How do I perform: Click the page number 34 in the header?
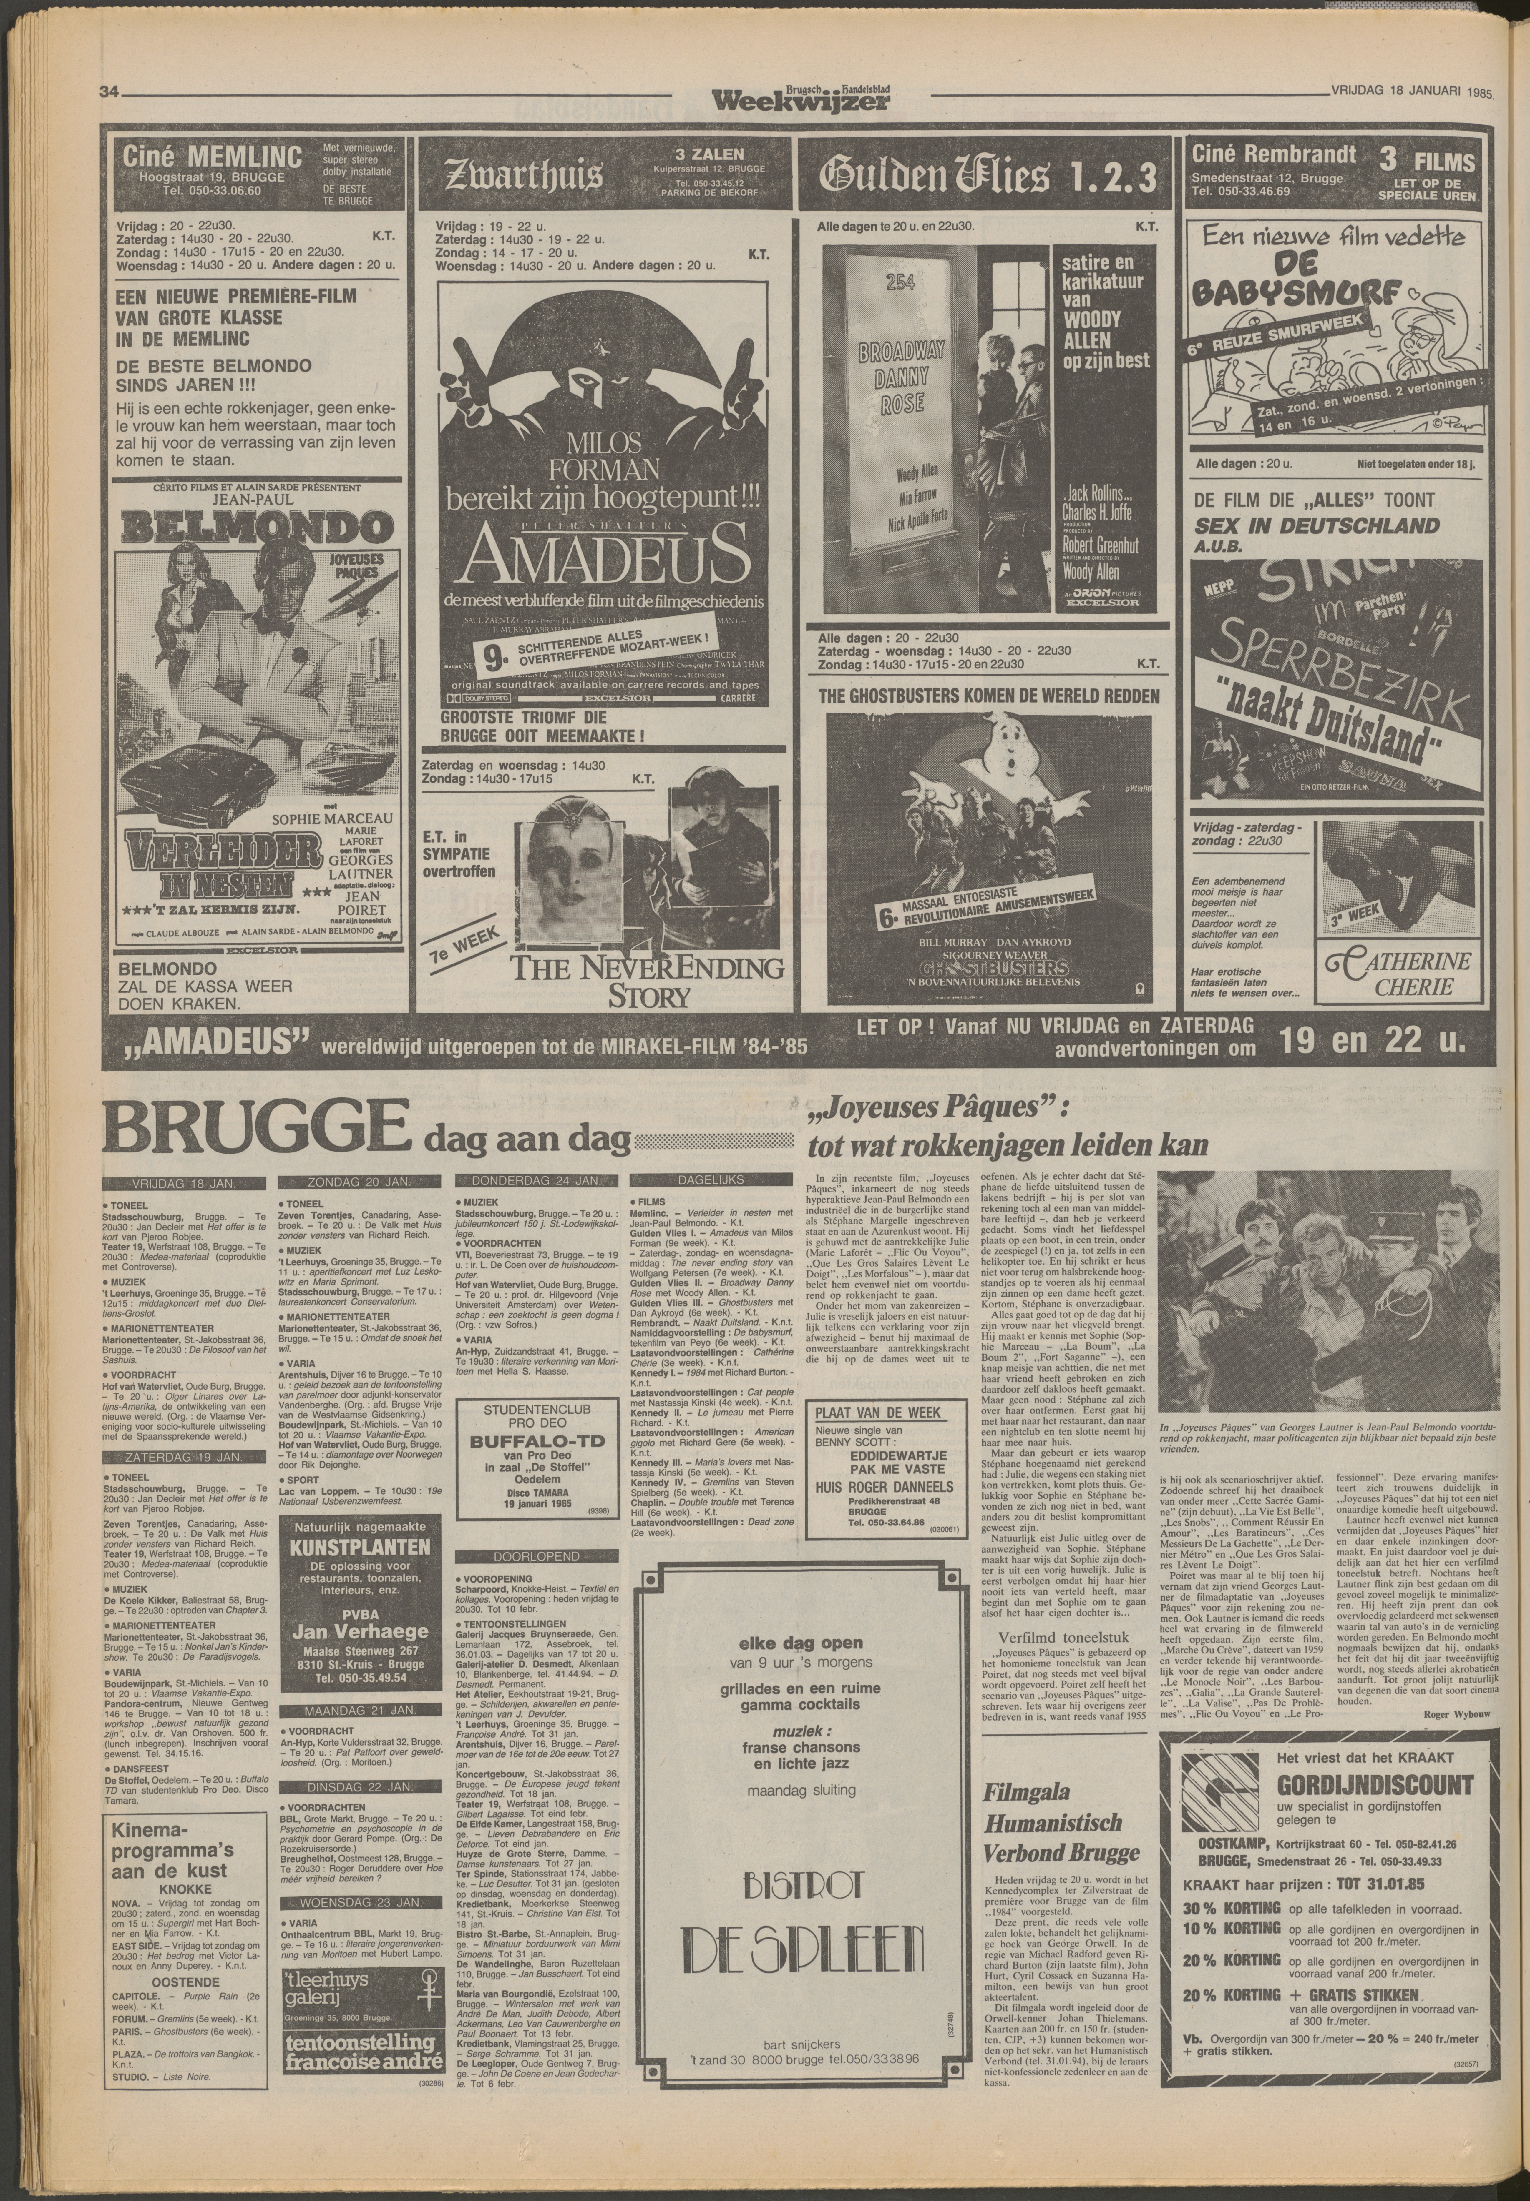tap(107, 93)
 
